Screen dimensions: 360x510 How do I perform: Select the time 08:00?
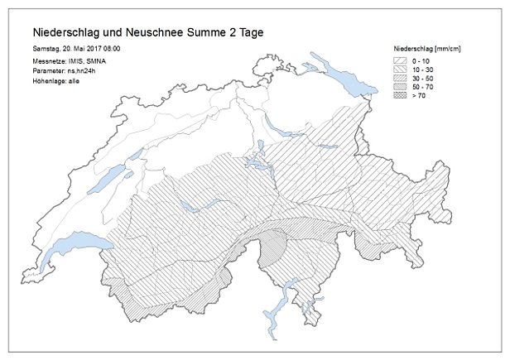122,50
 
